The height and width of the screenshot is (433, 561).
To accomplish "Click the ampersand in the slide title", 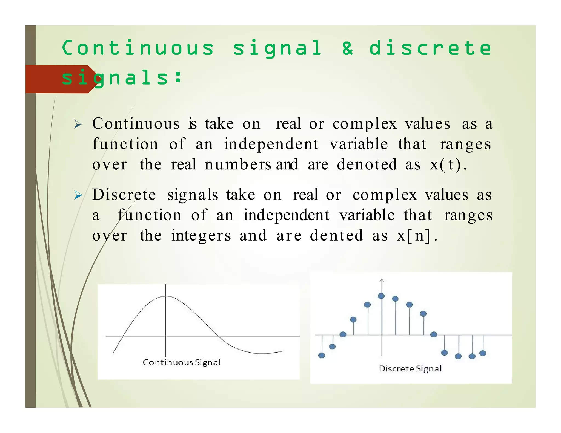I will tap(347, 48).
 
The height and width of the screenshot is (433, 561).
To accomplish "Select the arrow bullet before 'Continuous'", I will tap(78, 125).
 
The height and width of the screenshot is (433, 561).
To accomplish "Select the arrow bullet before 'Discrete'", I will tap(78, 195).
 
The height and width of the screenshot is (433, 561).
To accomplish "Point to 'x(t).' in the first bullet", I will tap(448, 165).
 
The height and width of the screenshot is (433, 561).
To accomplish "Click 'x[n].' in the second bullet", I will tap(417, 236).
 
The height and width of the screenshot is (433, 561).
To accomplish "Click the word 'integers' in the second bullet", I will tap(201, 236).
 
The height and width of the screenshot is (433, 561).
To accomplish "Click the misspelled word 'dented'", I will tap(336, 236).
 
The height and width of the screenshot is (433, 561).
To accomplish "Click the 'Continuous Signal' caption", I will tap(182, 362).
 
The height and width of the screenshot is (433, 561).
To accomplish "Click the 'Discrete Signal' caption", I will tap(410, 369).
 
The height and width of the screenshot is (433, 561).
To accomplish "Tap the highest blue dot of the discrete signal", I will tap(381, 296).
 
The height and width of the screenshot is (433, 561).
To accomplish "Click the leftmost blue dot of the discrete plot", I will tap(322, 355).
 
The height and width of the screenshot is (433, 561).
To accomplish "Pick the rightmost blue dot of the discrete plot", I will tap(483, 353).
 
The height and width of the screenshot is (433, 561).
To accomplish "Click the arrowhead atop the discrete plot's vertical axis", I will tap(382, 280).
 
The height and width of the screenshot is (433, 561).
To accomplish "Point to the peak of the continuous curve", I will tap(165, 296).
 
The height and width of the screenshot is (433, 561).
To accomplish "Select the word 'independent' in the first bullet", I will tap(271, 144).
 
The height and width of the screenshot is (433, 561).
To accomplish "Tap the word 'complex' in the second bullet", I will tap(384, 195).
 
